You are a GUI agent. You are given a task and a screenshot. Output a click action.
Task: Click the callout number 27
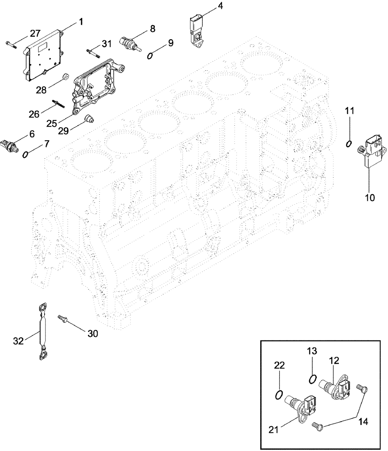click(35, 33)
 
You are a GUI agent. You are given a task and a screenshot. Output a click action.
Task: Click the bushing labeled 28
click(65, 76)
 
